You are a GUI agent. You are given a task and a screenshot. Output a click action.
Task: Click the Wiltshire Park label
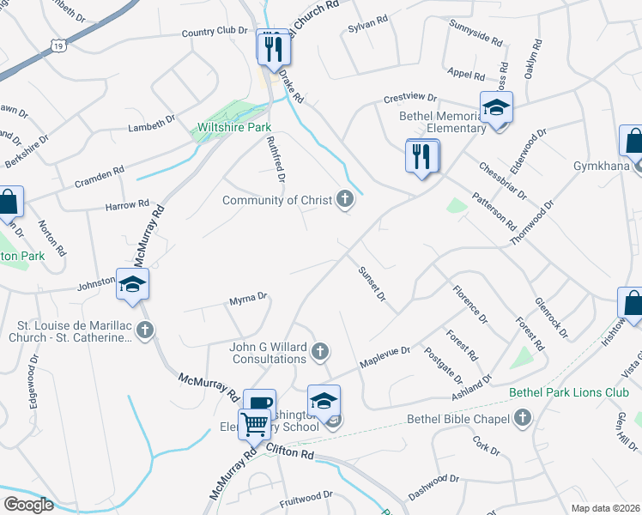click(222, 127)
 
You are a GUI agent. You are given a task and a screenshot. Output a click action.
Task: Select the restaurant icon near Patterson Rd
click(421, 157)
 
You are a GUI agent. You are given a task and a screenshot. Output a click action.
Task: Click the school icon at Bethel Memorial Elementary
click(496, 109)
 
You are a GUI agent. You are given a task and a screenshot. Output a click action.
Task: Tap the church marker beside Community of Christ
click(344, 200)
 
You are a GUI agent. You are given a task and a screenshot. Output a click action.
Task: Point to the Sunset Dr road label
click(372, 287)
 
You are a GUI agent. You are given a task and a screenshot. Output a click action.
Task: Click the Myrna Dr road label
click(249, 300)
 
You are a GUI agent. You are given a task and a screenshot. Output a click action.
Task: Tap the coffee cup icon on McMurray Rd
click(259, 403)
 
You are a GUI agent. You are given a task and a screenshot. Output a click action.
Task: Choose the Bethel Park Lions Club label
click(569, 393)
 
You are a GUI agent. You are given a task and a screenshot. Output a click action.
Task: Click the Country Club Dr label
click(213, 32)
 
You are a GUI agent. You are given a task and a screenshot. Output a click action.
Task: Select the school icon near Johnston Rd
click(133, 284)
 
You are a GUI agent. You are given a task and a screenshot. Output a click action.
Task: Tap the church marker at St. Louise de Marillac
click(145, 330)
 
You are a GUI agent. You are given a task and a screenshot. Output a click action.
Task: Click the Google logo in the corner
click(28, 505)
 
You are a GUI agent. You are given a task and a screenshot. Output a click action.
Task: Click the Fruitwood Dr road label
click(306, 497)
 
